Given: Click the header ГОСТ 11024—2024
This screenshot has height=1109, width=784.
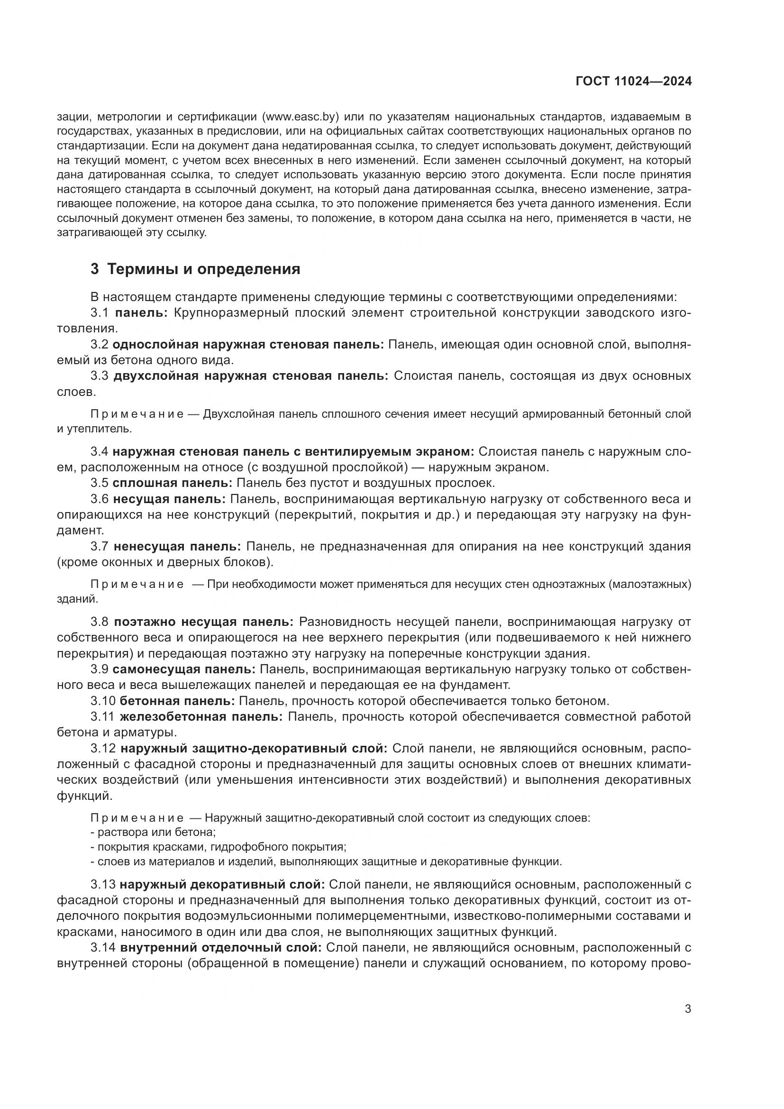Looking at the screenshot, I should point(633,82).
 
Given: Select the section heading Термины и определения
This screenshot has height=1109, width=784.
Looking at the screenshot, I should point(203,269).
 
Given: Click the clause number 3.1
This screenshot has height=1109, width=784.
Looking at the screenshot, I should point(100,312).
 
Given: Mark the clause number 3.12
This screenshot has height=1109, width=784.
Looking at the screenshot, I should point(103,748).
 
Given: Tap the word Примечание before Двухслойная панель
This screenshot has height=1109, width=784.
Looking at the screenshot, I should point(137,414).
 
